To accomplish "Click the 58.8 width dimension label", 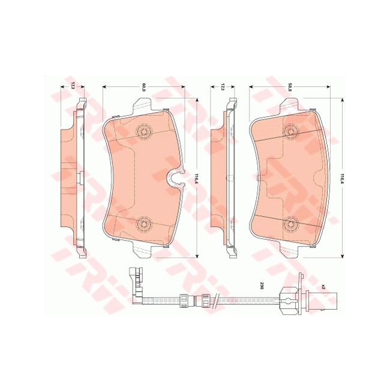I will [x=290, y=87].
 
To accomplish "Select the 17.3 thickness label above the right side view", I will [x=223, y=87].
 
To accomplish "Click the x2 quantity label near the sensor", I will [x=323, y=287].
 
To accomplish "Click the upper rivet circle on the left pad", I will [x=143, y=131].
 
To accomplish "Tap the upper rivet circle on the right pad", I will [x=292, y=131].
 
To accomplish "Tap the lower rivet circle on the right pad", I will [x=292, y=223].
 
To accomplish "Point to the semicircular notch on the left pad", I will [x=174, y=177].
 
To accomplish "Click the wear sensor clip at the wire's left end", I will [x=137, y=283].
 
